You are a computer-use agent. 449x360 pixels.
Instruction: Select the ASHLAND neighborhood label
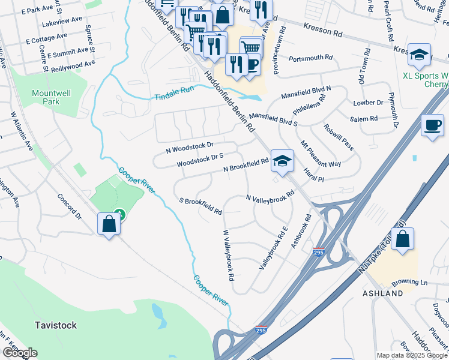pos(382,293)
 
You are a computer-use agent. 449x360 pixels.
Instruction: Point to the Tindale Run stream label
pos(174,93)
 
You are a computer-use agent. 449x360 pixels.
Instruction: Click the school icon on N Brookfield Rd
pos(282,161)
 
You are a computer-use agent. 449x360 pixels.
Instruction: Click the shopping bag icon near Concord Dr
pos(109,224)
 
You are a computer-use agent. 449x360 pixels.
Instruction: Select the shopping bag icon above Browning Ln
pos(403,239)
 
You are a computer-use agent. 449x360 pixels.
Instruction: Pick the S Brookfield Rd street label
pos(201,206)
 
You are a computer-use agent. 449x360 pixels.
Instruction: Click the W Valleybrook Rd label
pos(228,256)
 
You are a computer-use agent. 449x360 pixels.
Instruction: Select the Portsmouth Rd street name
pos(310,58)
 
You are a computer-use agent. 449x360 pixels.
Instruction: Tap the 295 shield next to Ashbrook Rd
pos(318,254)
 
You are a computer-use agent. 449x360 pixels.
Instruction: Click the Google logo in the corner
pos(19,353)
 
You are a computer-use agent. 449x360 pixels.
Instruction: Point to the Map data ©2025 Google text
pos(412,355)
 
